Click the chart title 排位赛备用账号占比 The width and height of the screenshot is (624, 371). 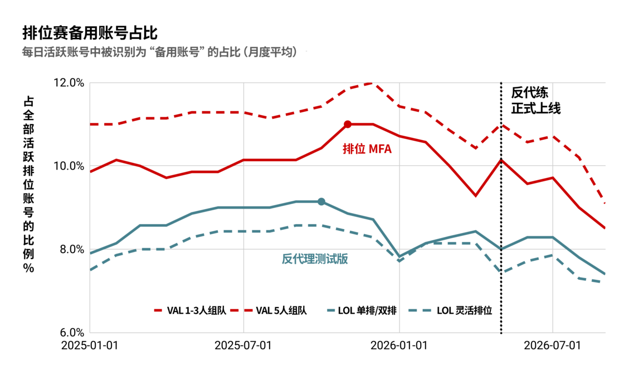tap(90, 33)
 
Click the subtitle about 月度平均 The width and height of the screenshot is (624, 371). tap(159, 52)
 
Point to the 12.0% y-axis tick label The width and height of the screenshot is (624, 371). tap(69, 83)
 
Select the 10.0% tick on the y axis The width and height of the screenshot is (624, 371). tap(69, 166)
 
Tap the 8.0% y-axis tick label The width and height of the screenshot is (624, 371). tap(72, 249)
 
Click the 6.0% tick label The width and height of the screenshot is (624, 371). tap(72, 333)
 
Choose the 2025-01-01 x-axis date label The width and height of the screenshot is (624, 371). tap(90, 345)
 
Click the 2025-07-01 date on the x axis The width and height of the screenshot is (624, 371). tap(243, 345)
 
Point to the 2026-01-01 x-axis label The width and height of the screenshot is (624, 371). tap(399, 345)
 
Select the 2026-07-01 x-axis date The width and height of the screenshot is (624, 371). tap(552, 345)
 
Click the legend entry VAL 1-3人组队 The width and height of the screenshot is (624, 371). tap(190, 310)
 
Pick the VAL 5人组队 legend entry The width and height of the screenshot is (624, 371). tap(269, 310)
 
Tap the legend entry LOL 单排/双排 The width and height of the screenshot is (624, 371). tap(362, 310)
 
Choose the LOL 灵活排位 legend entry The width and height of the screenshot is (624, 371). tap(451, 310)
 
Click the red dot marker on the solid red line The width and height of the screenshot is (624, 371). tap(348, 125)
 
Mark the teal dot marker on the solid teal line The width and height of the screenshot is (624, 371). tap(321, 202)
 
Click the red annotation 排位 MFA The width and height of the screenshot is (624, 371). tap(367, 149)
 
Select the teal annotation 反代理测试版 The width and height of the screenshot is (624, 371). tap(315, 259)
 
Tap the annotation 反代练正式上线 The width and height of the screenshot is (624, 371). tap(535, 101)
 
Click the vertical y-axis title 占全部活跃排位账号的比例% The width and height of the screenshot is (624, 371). tap(28, 185)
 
